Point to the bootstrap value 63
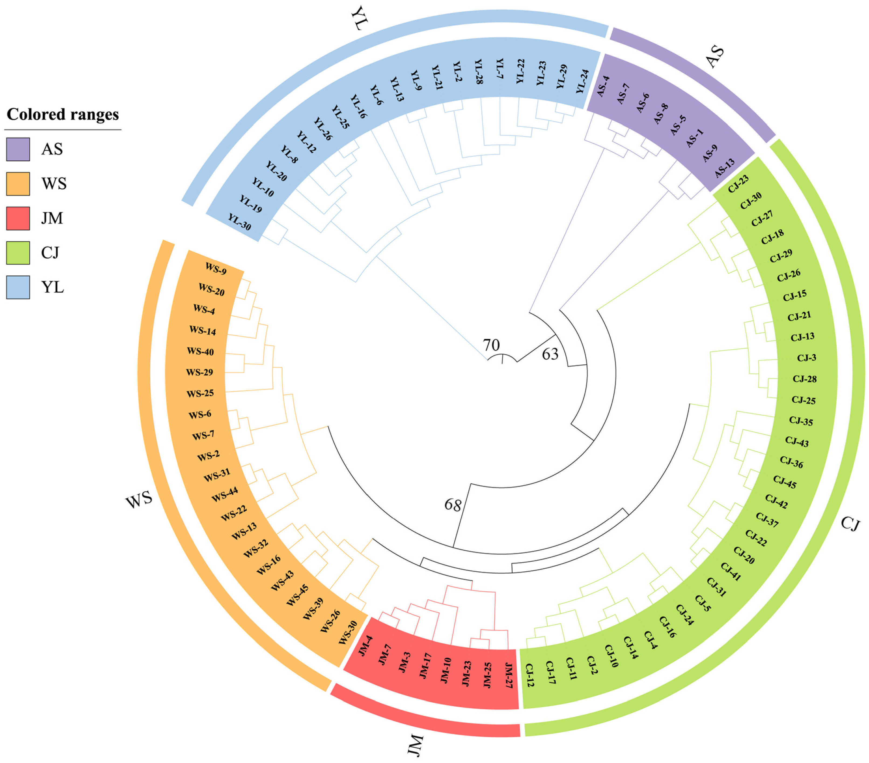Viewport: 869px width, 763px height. click(x=550, y=354)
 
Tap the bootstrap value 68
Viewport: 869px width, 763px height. click(x=453, y=505)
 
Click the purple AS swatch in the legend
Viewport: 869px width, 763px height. click(x=18, y=149)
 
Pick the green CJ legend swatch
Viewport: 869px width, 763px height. click(x=18, y=253)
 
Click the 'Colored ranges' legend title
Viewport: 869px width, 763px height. click(x=63, y=114)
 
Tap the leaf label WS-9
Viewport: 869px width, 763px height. click(x=216, y=269)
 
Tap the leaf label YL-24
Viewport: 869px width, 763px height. click(x=582, y=82)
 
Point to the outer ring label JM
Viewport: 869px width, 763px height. click(x=416, y=744)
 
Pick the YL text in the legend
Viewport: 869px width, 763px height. click(x=53, y=287)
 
